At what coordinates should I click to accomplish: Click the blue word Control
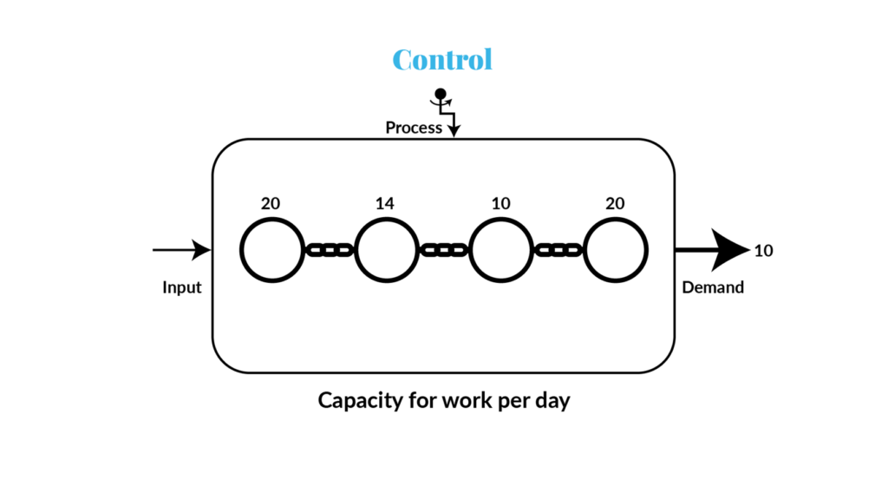pos(442,59)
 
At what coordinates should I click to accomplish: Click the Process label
pos(414,128)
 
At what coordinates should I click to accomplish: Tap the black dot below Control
pos(441,94)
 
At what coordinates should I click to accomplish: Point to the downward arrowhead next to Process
pos(454,130)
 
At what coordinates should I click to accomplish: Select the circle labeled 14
pos(386,251)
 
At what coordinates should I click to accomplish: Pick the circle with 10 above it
pos(500,251)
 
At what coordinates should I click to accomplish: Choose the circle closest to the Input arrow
pos(271,251)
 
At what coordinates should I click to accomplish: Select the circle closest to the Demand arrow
pos(616,251)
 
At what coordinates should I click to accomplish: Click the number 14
pos(385,203)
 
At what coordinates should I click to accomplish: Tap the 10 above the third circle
pos(500,203)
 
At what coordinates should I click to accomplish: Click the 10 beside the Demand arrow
pos(763,251)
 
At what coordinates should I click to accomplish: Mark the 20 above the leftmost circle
pos(271,203)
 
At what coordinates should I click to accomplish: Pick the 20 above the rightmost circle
pos(615,203)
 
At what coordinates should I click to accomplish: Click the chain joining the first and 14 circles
pos(329,251)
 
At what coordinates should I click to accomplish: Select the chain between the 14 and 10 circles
pos(443,251)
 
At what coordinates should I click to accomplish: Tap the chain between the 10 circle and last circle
pos(558,251)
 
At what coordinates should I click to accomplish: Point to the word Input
pos(182,287)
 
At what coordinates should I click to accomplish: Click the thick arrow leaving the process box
pos(711,251)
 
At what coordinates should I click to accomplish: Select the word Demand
pos(713,287)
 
